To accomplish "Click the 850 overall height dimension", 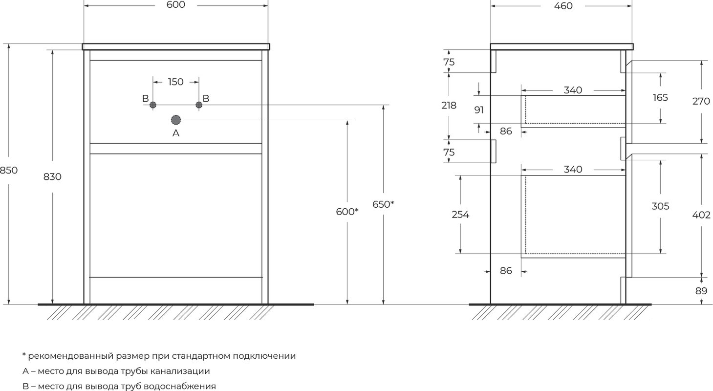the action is point(9,171).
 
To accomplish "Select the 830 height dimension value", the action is point(52,177).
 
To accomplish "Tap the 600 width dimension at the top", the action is point(176,5).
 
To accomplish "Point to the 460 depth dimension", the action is point(563,6).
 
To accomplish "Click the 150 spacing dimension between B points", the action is point(176,82).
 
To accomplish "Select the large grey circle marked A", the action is point(176,120).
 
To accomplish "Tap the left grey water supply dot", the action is point(153,105).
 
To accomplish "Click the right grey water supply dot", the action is point(199,105).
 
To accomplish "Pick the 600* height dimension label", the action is point(347,212).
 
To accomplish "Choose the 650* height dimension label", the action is point(383,204).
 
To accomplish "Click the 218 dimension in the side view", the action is point(449,105).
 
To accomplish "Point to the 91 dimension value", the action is point(479,110).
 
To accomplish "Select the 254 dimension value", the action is point(460,215).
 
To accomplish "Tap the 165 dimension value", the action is point(660,97).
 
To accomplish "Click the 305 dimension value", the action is point(660,206).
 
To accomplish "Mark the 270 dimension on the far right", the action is point(701,101).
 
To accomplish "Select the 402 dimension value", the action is point(701,215).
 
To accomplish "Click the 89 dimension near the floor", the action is point(701,291).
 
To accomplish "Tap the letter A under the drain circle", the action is point(176,133).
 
